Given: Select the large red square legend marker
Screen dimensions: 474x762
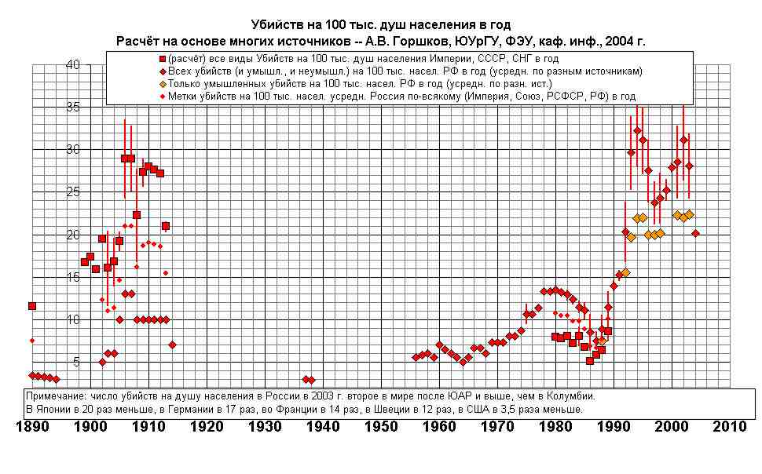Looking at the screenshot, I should (162, 59).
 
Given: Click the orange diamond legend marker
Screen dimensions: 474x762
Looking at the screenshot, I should (162, 84).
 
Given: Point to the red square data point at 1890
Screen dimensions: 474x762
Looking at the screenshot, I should (32, 306).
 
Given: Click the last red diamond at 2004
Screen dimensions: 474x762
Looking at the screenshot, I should (695, 233).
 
